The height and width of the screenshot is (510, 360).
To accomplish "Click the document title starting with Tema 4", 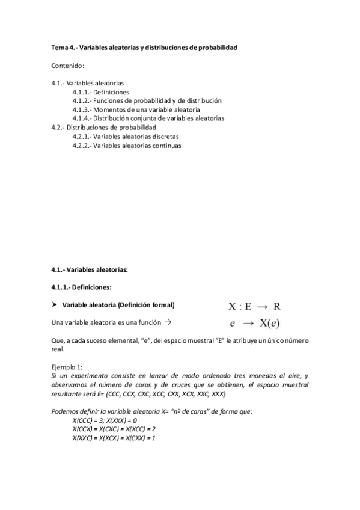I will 145,46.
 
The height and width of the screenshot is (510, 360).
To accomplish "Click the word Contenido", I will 68,64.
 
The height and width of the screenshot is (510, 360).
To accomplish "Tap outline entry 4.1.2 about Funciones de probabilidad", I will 147,101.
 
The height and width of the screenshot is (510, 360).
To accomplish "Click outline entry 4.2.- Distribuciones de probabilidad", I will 104,127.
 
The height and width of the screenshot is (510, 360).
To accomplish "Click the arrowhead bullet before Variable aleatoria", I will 54,304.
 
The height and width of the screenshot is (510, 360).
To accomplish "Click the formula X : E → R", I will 254,306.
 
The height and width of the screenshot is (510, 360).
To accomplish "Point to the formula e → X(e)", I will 254,323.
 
